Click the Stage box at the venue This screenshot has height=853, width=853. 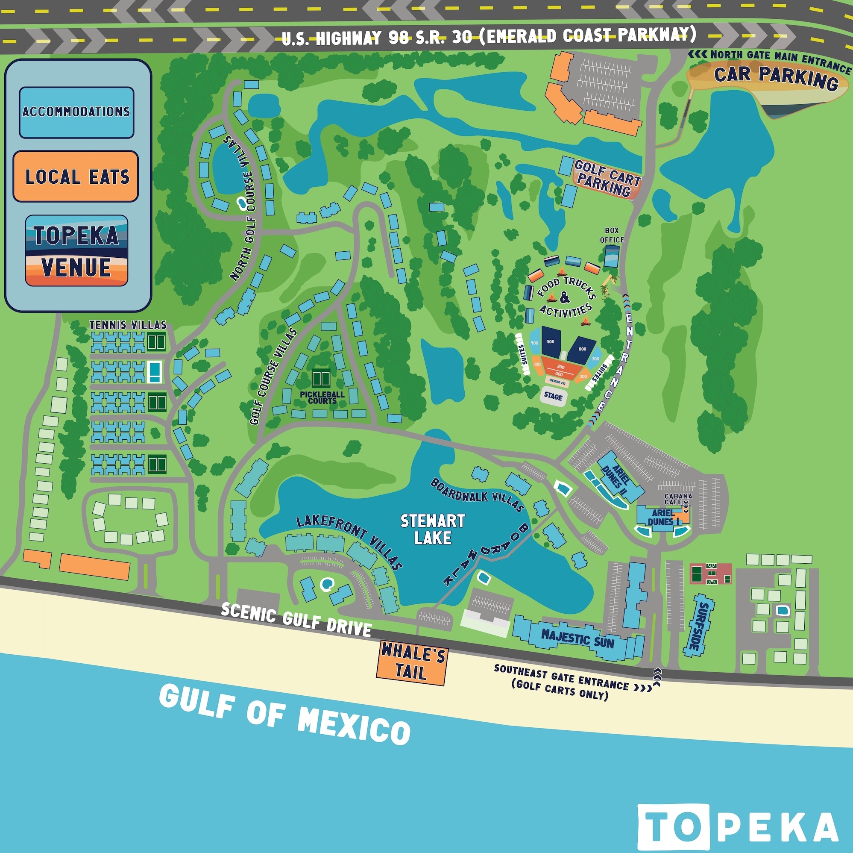[x=553, y=396]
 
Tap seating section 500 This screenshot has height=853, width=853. [x=551, y=341]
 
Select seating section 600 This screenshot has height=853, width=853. [x=581, y=349]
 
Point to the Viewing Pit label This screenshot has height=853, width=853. [x=557, y=382]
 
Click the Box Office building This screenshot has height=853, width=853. [x=612, y=256]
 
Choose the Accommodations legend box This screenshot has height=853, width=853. [x=76, y=112]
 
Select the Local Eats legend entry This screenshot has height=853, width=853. [x=76, y=176]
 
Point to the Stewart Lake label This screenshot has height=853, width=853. [x=432, y=529]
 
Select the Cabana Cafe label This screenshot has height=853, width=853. [x=678, y=499]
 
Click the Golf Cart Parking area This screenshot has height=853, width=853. [x=607, y=179]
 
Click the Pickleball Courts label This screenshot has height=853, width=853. [x=322, y=397]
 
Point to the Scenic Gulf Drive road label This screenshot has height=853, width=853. [x=296, y=619]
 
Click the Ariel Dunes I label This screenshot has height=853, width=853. [x=662, y=517]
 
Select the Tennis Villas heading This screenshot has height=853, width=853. [x=128, y=325]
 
